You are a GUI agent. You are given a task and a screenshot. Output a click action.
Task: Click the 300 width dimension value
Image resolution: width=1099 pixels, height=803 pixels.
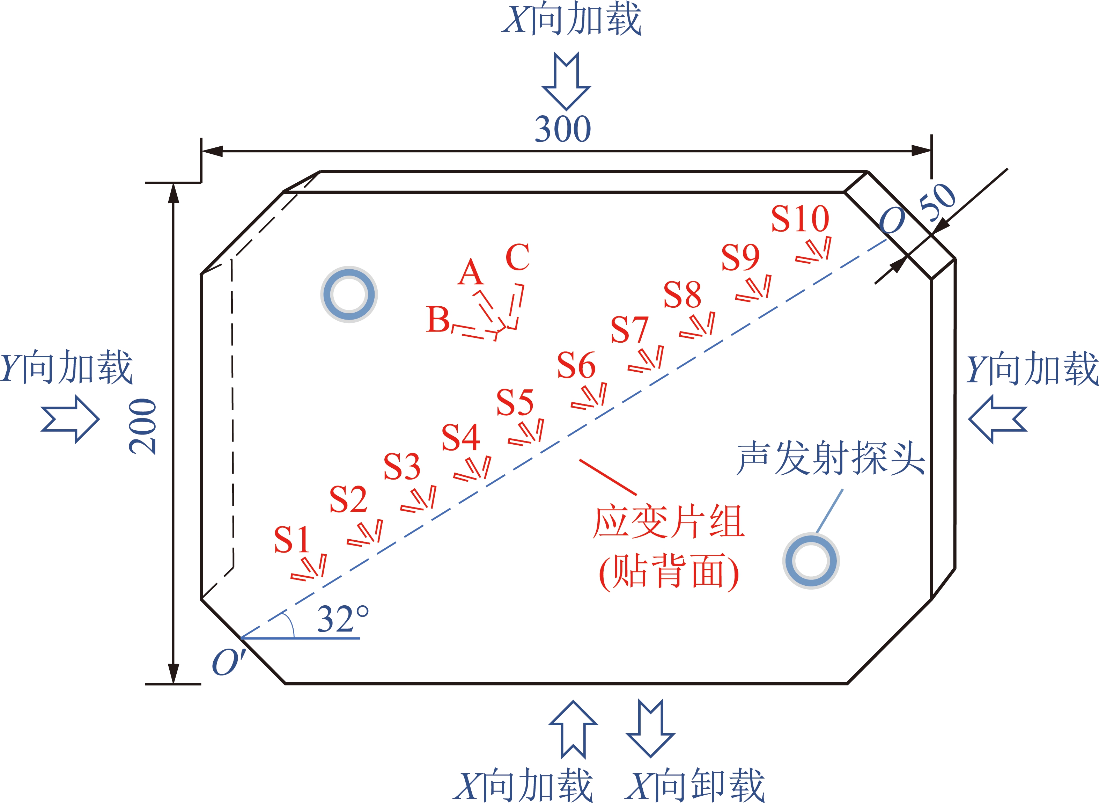[x=563, y=129]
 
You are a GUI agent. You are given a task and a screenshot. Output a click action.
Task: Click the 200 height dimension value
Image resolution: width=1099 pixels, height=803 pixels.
[x=143, y=426]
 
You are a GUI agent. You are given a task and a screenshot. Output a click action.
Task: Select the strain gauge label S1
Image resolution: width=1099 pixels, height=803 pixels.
[x=292, y=540]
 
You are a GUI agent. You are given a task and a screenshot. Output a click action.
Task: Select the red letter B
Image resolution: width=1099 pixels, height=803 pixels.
[x=438, y=319]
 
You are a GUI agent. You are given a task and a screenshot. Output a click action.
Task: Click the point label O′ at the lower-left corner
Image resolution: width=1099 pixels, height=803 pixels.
[x=229, y=662]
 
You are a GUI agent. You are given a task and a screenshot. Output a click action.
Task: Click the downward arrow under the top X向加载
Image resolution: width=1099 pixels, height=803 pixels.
[x=567, y=81]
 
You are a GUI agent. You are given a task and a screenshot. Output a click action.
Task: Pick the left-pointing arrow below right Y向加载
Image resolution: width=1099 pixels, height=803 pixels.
[x=997, y=419]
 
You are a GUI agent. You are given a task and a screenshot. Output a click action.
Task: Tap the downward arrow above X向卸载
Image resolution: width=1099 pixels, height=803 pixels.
[x=650, y=729]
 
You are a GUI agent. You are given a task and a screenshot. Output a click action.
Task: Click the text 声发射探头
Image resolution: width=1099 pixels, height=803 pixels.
[x=830, y=458]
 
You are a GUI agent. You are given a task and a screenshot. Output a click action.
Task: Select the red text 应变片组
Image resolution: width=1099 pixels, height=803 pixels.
[x=669, y=521]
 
